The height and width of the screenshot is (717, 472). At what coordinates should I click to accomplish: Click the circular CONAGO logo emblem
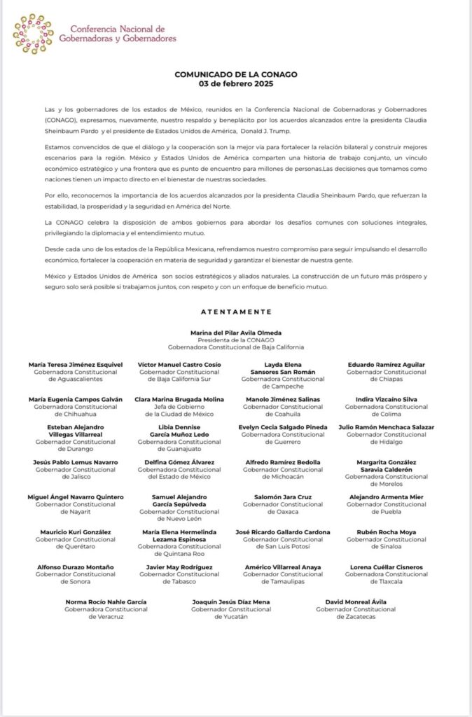pos(33,34)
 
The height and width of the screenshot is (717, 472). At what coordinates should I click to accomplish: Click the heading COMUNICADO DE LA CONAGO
pos(235,75)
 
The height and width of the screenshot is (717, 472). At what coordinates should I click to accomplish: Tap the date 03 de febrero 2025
pos(235,83)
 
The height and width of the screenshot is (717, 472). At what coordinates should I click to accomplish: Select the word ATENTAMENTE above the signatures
pos(235,312)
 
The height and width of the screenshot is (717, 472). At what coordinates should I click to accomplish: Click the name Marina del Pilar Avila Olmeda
pos(235,333)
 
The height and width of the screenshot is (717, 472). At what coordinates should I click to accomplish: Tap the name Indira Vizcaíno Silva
pos(386,399)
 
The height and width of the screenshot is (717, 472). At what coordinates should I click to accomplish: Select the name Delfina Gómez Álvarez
pos(179,462)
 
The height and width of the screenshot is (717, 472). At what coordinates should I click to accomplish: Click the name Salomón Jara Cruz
pos(283,497)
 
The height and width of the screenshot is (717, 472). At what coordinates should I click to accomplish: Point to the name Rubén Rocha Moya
pos(386,532)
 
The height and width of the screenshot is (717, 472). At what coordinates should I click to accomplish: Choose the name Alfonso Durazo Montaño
pos(76,566)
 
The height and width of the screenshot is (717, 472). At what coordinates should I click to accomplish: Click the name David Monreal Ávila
pos(356,601)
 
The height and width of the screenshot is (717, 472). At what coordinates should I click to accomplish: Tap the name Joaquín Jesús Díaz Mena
pos(231,601)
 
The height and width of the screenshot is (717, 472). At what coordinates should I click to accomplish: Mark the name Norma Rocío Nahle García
pos(106,601)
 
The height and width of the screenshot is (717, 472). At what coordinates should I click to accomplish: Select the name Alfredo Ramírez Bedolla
pos(283,462)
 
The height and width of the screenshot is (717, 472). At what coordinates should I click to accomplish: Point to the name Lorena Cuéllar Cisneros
pos(386,566)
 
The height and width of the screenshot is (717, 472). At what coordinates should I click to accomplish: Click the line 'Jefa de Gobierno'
pos(179,406)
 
